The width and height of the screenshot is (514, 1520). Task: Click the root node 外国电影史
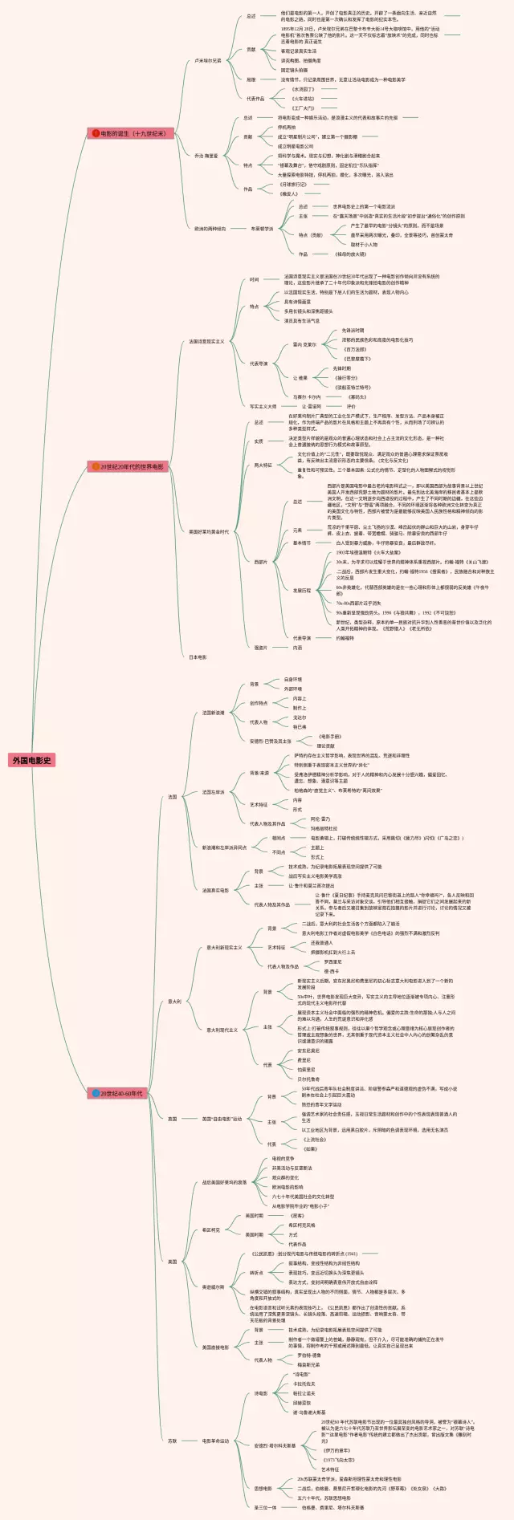coord(32,759)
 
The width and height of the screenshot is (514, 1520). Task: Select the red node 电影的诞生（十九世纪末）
coord(133,133)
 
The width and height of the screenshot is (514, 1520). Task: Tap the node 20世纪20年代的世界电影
coord(132,466)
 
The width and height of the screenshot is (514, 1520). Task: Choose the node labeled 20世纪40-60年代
coord(121,1093)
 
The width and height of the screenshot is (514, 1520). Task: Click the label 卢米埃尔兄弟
coord(207,60)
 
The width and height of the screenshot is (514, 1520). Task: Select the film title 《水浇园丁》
coord(304,89)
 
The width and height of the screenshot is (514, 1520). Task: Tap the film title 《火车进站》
coord(304,98)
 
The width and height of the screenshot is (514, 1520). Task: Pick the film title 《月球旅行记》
coord(293,184)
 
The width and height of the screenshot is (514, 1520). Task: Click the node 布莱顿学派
coord(262,229)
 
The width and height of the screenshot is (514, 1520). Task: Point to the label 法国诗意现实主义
coord(206,341)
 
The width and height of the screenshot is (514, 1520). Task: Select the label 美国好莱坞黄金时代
coord(208,531)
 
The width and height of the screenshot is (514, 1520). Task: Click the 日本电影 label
coord(198,657)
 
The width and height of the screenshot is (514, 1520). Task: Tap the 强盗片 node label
coord(261,648)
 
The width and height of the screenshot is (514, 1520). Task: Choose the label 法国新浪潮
coord(213,713)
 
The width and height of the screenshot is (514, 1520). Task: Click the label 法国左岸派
coord(213,792)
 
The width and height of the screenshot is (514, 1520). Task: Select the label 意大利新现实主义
coord(224,947)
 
